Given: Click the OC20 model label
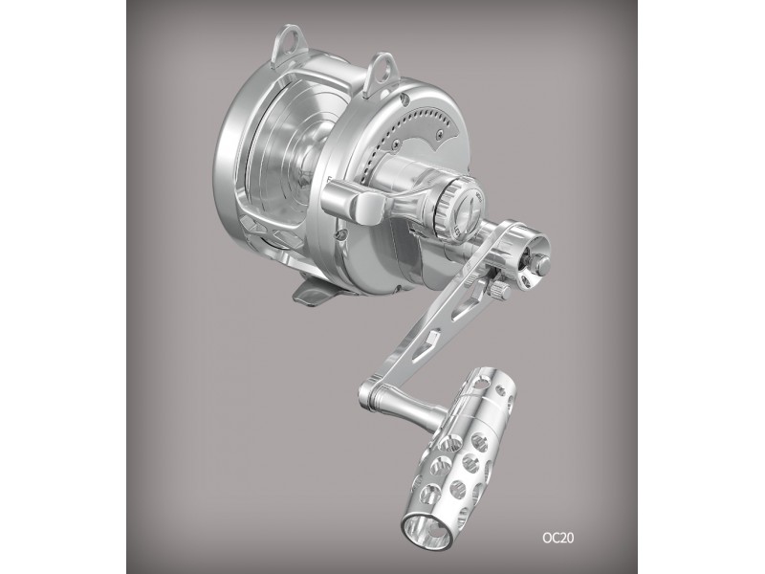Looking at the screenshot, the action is click(x=558, y=538).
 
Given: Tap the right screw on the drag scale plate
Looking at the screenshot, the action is click(x=441, y=131).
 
